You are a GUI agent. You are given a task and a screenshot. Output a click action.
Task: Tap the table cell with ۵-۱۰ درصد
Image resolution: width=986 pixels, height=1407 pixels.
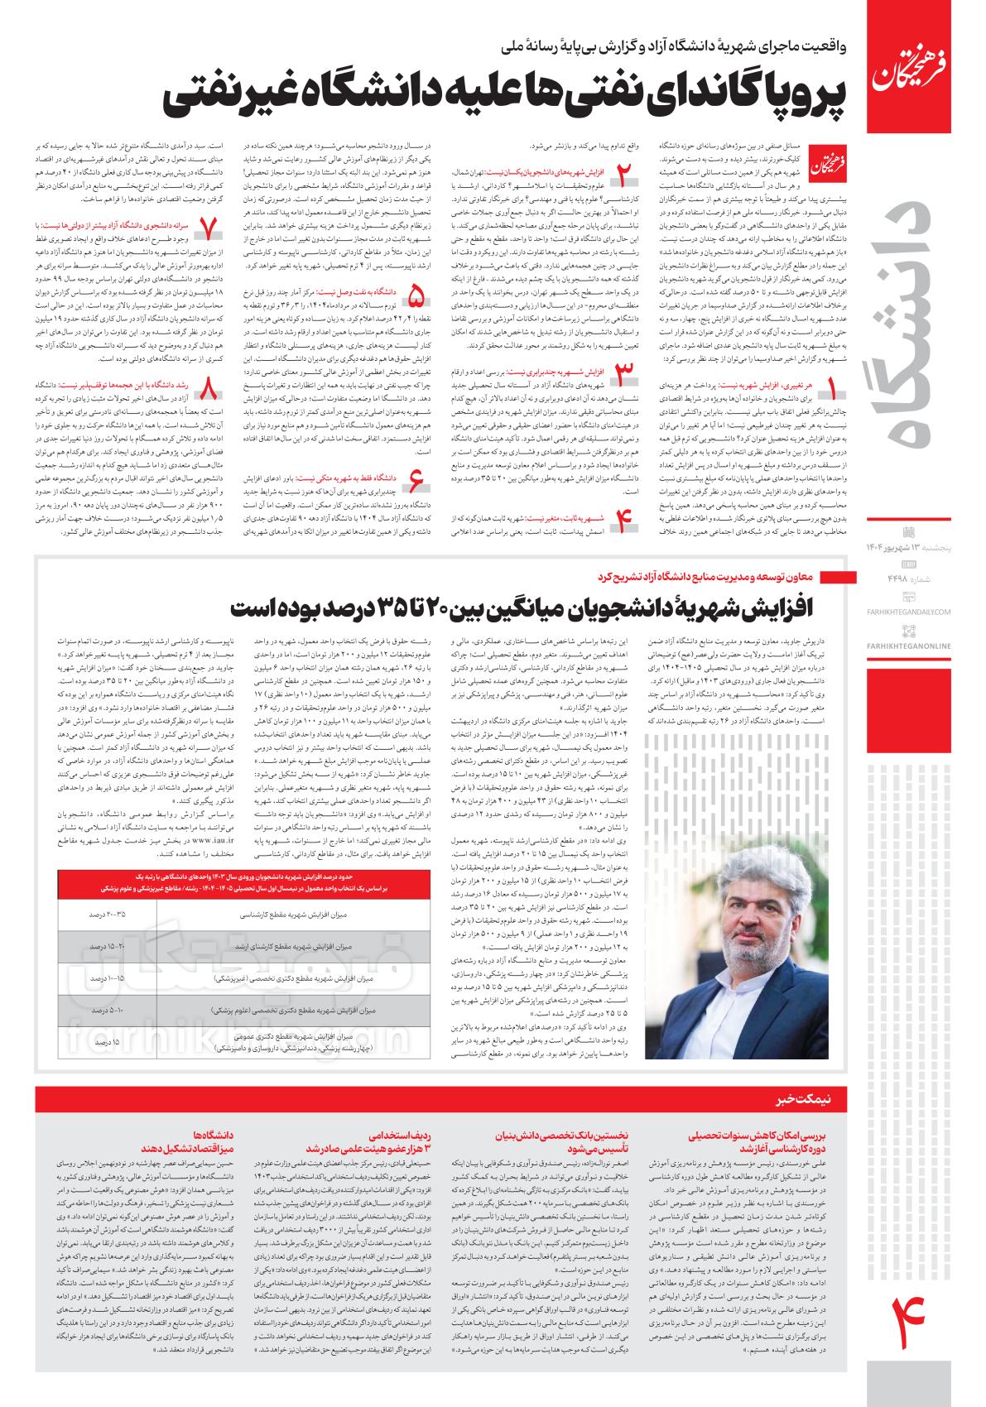click(x=108, y=1011)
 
